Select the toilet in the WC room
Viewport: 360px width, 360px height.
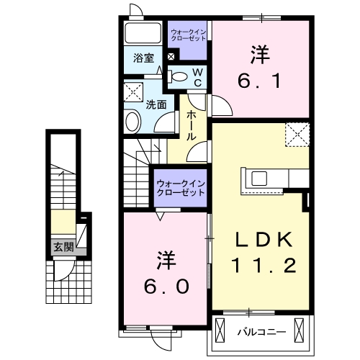[x=180, y=76]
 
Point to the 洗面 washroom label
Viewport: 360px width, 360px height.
[x=156, y=104]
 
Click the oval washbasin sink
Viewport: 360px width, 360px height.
[x=132, y=121]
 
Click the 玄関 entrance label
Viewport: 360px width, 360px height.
[x=62, y=246]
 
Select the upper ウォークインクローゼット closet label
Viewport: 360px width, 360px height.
[x=188, y=34]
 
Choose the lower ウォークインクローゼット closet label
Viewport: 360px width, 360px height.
[x=180, y=186]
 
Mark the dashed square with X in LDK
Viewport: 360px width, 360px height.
[x=296, y=135]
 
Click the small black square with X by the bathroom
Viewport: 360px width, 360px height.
[x=171, y=56]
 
